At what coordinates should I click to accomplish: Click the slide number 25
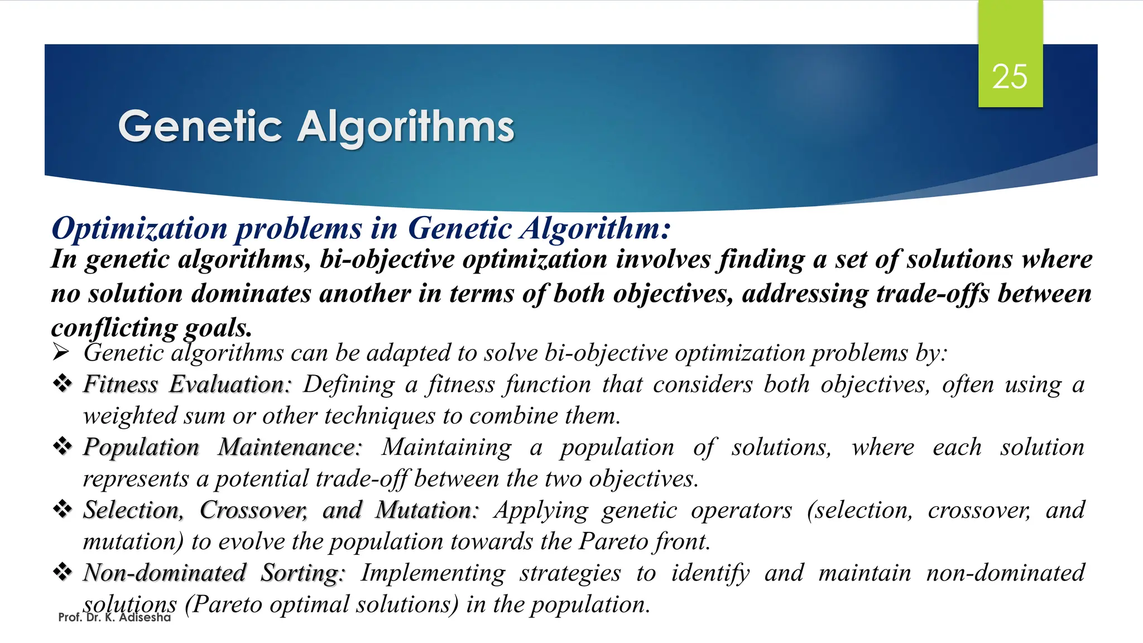tap(1010, 76)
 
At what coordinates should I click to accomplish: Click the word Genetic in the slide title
tap(200, 127)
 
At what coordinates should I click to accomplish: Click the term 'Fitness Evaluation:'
tap(187, 384)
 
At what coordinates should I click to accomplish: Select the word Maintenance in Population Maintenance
tap(289, 447)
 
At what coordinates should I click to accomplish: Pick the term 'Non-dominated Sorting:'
tap(214, 573)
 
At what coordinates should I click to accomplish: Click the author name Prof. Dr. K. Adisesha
tap(114, 617)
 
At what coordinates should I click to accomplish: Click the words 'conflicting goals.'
tap(151, 328)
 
